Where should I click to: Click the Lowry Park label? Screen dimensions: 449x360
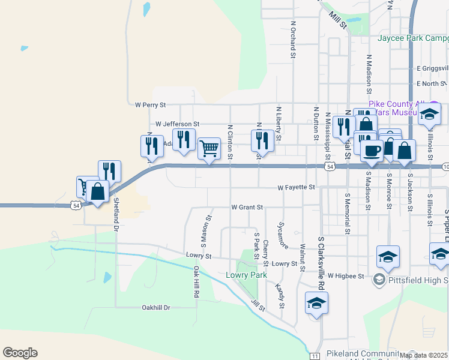click(246, 275)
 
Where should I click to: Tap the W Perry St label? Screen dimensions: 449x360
click(150, 104)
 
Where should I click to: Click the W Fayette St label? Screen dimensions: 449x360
click(296, 188)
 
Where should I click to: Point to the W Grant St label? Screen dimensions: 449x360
click(247, 208)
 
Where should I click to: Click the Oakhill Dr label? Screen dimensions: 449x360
click(156, 308)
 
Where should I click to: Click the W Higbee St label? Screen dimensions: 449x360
click(346, 276)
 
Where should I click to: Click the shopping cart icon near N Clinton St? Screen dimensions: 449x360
click(209, 147)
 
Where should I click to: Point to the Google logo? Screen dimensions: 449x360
click(20, 353)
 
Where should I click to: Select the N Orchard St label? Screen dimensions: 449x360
click(294, 40)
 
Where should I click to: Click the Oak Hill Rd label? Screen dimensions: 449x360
click(196, 284)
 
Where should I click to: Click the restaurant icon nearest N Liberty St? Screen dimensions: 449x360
click(262, 140)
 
